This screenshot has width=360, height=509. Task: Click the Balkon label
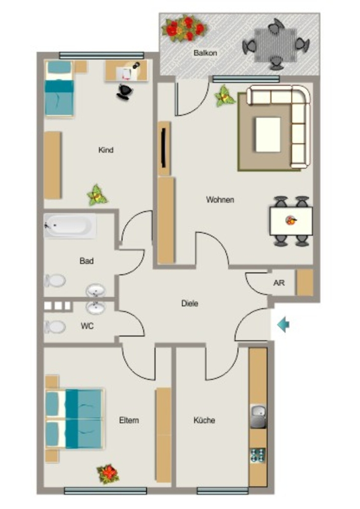click(x=205, y=53)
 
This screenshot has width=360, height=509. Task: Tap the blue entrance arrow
click(x=283, y=325)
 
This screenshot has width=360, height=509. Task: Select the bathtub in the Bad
click(x=70, y=226)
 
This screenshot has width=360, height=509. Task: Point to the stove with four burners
click(x=258, y=455)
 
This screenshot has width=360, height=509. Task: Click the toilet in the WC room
click(x=55, y=327)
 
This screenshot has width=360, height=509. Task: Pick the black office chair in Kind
click(x=125, y=91)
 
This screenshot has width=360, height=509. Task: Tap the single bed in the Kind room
click(x=59, y=88)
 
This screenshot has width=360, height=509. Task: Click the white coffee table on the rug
click(x=268, y=135)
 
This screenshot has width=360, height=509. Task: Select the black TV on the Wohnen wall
click(x=164, y=148)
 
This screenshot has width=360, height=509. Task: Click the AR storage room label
click(x=279, y=283)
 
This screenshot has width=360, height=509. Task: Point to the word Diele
click(x=189, y=304)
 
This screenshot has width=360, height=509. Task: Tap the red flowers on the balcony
click(x=184, y=28)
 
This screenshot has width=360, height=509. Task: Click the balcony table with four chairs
click(x=275, y=45)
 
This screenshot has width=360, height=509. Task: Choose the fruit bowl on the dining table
click(x=291, y=221)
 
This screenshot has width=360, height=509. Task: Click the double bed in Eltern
click(x=75, y=419)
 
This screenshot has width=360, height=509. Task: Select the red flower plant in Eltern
click(x=108, y=474)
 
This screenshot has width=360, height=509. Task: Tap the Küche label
click(x=204, y=421)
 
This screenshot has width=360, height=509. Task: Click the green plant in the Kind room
click(x=97, y=195)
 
